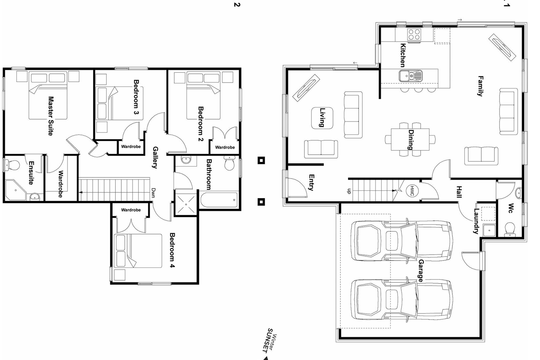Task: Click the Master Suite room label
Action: (x=51, y=116)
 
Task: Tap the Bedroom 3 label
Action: (x=136, y=97)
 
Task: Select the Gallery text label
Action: (x=155, y=157)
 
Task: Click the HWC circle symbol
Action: (x=412, y=191)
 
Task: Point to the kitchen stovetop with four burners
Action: (x=414, y=34)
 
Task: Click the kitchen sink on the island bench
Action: (x=410, y=75)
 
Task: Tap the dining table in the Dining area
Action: (x=410, y=139)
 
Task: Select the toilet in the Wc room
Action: (x=509, y=229)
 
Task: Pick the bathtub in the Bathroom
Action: (x=219, y=200)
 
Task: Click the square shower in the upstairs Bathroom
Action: (x=186, y=204)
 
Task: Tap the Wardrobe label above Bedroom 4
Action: (x=131, y=210)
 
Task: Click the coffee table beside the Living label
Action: (x=322, y=118)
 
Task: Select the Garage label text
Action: (x=420, y=270)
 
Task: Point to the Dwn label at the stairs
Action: (x=153, y=193)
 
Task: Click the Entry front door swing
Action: (x=295, y=188)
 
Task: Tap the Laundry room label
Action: (x=476, y=221)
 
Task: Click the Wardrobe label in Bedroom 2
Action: (x=225, y=147)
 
